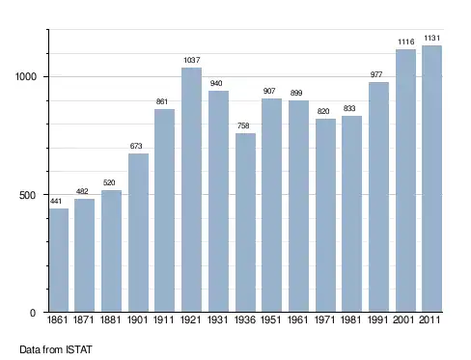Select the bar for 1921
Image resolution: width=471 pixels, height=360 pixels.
[x=191, y=189]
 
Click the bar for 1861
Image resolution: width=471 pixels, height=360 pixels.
[x=59, y=260]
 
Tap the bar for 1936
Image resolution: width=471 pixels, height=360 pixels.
[x=245, y=222]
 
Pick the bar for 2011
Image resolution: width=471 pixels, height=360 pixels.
[x=431, y=179]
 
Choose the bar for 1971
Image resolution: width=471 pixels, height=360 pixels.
[x=325, y=215]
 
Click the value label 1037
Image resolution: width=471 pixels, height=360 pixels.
[x=192, y=60]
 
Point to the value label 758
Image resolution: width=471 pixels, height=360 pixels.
[x=243, y=125]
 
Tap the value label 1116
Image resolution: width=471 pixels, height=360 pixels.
[x=406, y=42]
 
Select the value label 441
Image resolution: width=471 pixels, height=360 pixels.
[x=56, y=201]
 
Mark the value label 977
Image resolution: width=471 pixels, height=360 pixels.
[x=376, y=74]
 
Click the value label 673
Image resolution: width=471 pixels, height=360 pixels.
[x=136, y=146]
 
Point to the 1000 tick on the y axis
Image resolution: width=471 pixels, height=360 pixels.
[x=26, y=76]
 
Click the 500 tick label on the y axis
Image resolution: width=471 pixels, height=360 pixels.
[x=27, y=195]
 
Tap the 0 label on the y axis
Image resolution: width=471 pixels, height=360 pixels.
[x=33, y=313]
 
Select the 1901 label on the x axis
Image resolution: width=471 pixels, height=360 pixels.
[x=137, y=319]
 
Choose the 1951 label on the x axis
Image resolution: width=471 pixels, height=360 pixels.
[x=270, y=319]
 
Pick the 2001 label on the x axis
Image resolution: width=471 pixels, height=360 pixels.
[x=403, y=319]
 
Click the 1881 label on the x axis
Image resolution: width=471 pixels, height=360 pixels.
[x=110, y=319]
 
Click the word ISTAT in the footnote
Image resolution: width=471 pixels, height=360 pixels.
[x=79, y=349]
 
